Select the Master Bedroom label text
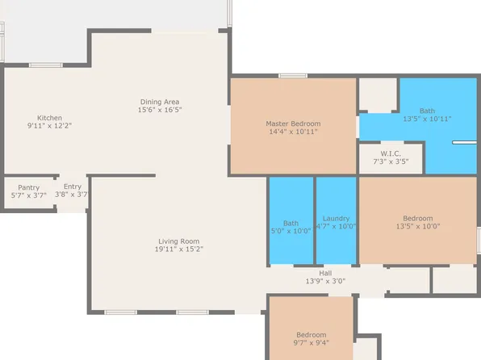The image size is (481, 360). [x=294, y=123]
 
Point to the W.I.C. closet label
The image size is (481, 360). [x=391, y=153]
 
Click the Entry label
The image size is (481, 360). [x=73, y=186]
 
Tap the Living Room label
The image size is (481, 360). [x=178, y=241]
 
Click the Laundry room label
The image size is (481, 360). [x=335, y=219]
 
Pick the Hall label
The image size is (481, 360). [x=325, y=273]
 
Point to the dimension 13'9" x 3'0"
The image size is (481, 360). [x=325, y=281]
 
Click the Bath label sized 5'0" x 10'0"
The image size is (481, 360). [x=291, y=223]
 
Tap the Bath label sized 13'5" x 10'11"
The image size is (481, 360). [x=428, y=111]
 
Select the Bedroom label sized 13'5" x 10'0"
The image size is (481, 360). [x=417, y=218]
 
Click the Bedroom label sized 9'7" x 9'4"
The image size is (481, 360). [x=311, y=334]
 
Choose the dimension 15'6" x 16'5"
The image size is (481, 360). [x=160, y=110]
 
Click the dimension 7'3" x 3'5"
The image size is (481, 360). [x=391, y=161]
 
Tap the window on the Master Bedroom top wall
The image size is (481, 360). [x=292, y=76]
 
